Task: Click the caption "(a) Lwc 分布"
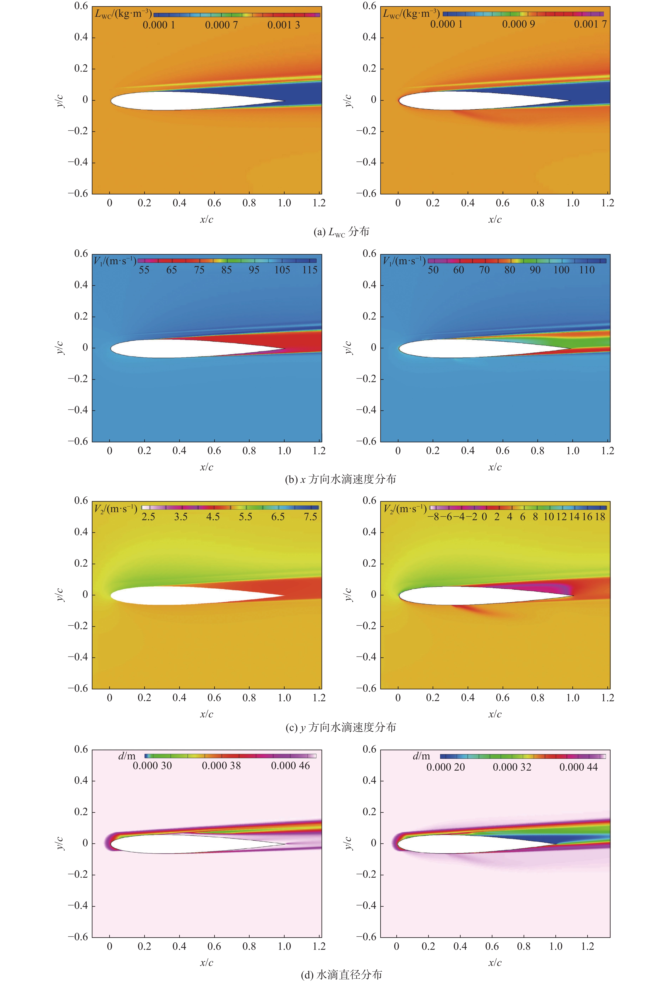point(341,232)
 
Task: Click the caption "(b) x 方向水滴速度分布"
point(341,479)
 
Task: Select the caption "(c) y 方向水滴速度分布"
point(341,727)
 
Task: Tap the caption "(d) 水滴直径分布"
point(341,974)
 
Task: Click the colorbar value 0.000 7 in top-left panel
point(221,25)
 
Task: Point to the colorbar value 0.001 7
point(590,24)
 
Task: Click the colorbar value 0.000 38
point(221,765)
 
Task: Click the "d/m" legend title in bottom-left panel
point(127,756)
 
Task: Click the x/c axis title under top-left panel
point(207,219)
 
